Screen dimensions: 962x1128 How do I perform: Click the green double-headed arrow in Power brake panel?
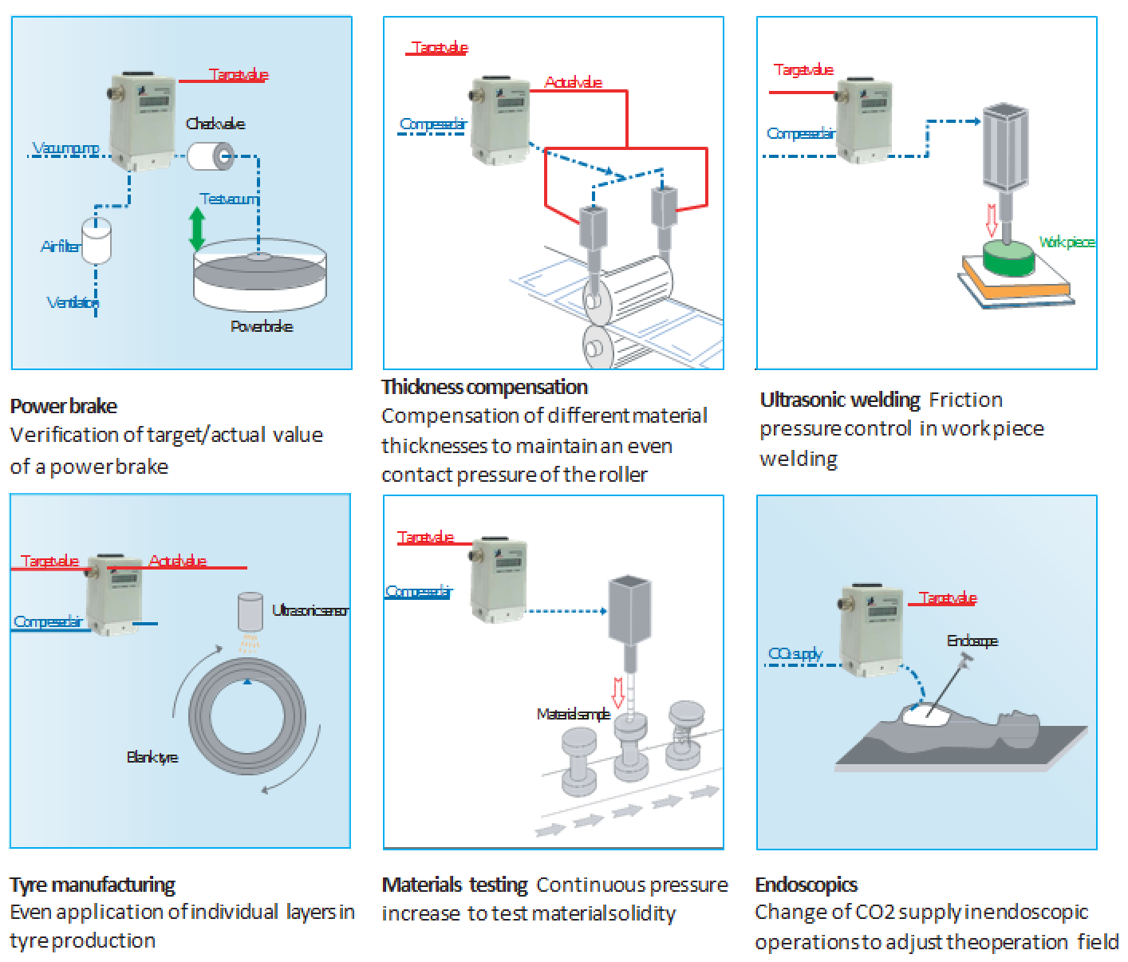pyautogui.click(x=196, y=229)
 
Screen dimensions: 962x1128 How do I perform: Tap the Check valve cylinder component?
pyautogui.click(x=210, y=156)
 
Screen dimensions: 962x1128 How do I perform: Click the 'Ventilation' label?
pyautogui.click(x=73, y=302)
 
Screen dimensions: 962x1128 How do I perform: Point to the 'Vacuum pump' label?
pyautogui.click(x=66, y=148)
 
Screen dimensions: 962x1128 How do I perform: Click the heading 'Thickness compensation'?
pyautogui.click(x=484, y=388)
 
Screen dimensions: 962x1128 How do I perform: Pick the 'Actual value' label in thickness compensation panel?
pyautogui.click(x=573, y=82)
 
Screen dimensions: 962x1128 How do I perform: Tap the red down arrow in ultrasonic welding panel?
pyautogui.click(x=992, y=220)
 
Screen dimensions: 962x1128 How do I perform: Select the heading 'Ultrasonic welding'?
pyautogui.click(x=840, y=400)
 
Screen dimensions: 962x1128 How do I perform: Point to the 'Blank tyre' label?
pyautogui.click(x=152, y=757)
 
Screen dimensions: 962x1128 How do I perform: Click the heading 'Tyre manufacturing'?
pyautogui.click(x=93, y=885)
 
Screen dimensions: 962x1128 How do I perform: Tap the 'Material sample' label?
pyautogui.click(x=573, y=715)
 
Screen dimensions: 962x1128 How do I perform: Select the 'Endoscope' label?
pyautogui.click(x=972, y=641)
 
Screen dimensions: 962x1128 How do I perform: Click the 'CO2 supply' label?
pyautogui.click(x=795, y=655)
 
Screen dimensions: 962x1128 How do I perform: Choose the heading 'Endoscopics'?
pyautogui.click(x=806, y=885)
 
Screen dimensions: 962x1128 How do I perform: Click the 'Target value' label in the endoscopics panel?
pyautogui.click(x=948, y=598)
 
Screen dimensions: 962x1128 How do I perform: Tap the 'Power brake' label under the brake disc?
pyautogui.click(x=261, y=326)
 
